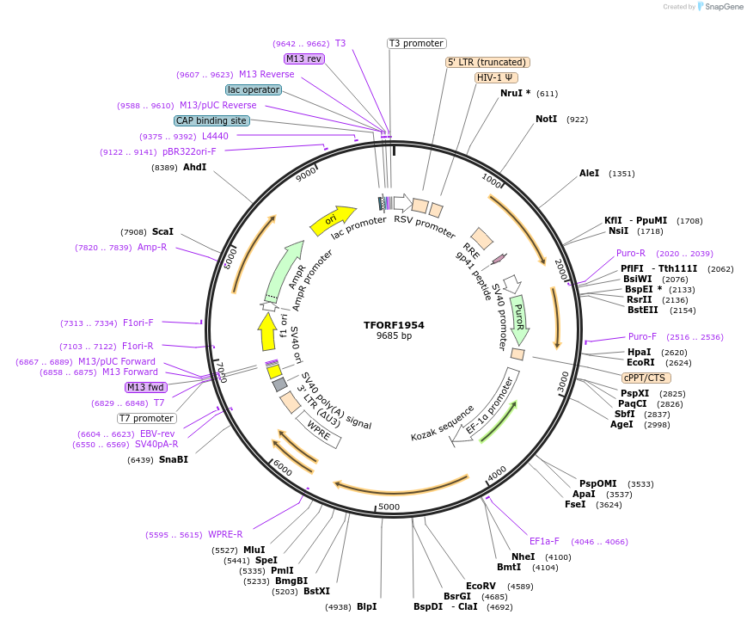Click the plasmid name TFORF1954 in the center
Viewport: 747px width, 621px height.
[394, 325]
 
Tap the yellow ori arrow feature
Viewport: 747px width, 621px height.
[332, 220]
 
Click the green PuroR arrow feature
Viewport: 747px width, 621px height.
[519, 319]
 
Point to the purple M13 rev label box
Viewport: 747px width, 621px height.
[304, 58]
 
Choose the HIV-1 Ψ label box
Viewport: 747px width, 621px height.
[496, 77]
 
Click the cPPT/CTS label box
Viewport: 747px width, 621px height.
[646, 378]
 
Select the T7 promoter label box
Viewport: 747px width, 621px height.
[147, 419]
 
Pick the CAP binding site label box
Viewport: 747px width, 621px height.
[212, 121]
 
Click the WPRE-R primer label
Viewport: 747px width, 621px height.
[225, 534]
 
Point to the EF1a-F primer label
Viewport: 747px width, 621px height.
[544, 542]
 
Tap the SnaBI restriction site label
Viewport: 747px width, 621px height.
[173, 459]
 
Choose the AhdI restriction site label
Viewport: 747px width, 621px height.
[194, 167]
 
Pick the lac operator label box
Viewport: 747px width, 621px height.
[254, 89]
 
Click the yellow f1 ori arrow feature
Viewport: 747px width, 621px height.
[267, 331]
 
